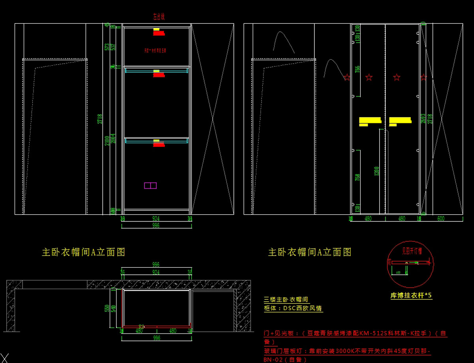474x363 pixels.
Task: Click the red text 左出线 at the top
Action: (x=158, y=17)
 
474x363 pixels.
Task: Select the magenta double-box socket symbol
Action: (x=150, y=185)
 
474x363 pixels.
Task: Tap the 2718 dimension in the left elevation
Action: (x=100, y=119)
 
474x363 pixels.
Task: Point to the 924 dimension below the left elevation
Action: (x=156, y=218)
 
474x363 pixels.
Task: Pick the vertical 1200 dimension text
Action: (x=376, y=170)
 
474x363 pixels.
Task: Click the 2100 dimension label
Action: (x=107, y=140)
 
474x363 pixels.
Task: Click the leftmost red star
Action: (x=347, y=77)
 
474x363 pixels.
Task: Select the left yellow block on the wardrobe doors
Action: (x=370, y=121)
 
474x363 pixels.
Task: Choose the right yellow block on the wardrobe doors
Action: (x=400, y=121)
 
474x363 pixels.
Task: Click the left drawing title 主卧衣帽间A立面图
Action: (x=83, y=252)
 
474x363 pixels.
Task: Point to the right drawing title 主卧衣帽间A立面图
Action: (x=310, y=252)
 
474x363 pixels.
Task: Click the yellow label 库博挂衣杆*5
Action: (x=411, y=295)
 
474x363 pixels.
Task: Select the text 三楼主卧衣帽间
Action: (x=286, y=300)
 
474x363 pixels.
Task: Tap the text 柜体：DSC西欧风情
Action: (x=293, y=308)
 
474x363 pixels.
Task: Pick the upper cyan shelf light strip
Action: (x=156, y=70)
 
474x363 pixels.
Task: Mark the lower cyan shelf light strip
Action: (x=156, y=140)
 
